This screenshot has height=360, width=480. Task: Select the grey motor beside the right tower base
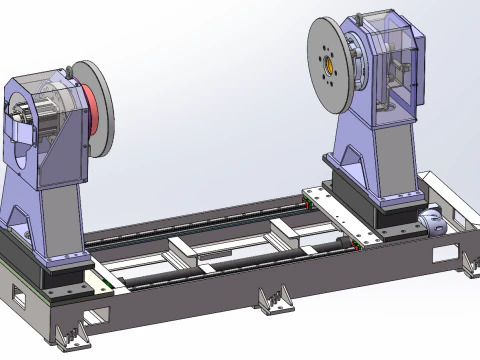click(x=434, y=222)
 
